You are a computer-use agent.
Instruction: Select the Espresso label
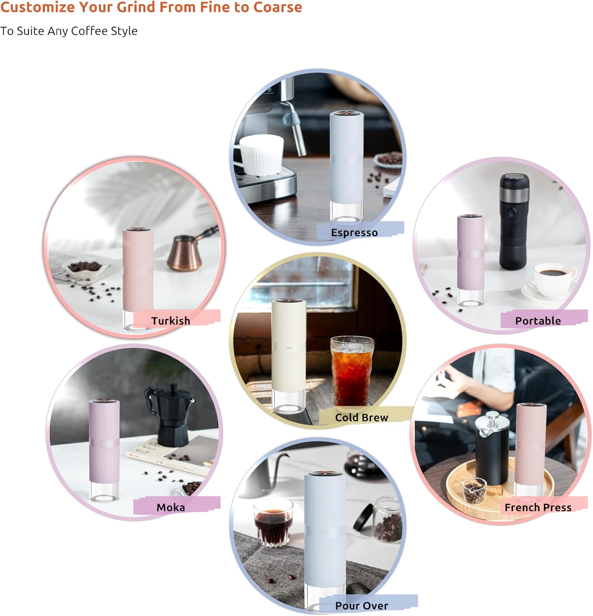(x=354, y=232)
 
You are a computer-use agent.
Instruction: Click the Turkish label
(x=170, y=321)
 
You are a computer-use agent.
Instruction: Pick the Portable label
(x=538, y=321)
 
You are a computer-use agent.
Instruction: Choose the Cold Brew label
(x=361, y=417)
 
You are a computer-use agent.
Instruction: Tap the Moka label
(x=170, y=508)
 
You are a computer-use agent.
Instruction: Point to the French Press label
(x=538, y=508)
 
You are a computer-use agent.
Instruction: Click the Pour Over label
(x=361, y=606)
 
